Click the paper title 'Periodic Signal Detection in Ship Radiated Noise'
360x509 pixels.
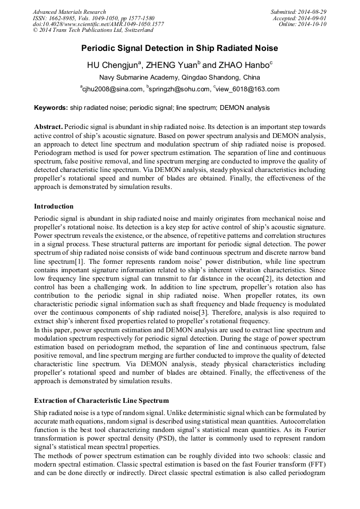point(179,48)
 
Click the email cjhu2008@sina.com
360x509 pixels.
point(113,89)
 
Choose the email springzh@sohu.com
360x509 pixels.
point(178,89)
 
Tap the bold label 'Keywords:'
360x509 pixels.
point(50,108)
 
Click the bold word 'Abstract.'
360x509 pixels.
point(48,127)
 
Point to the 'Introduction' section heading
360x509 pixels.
point(54,206)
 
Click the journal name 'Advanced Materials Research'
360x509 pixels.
point(69,12)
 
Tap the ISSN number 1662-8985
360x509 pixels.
point(61,18)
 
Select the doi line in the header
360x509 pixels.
point(98,24)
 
